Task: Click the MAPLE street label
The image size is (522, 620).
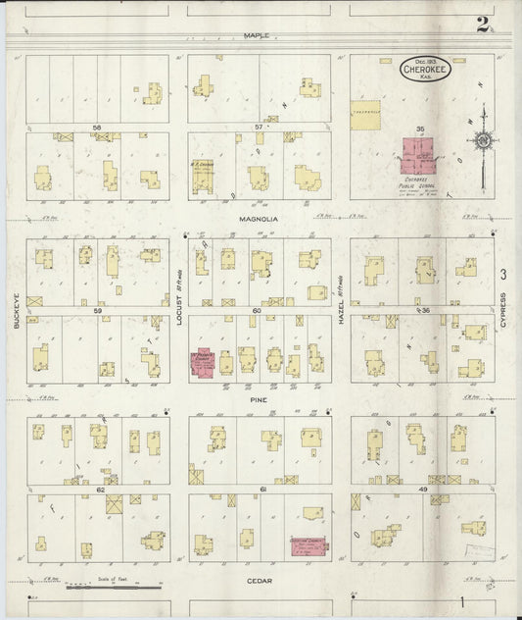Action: pos(257,35)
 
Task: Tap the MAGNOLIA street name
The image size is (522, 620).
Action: pos(258,220)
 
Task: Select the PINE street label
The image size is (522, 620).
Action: pos(259,400)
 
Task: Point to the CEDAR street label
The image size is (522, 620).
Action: pos(258,581)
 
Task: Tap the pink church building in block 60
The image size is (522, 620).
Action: pos(204,363)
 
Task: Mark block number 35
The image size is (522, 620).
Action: pos(420,128)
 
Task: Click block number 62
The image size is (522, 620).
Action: pos(100,489)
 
